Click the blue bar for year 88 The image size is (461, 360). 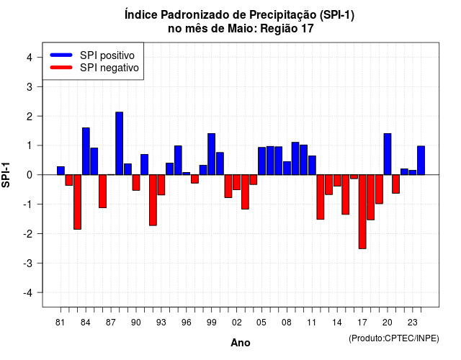(120, 143)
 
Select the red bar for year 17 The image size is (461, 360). (362, 212)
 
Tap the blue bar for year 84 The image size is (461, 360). (86, 151)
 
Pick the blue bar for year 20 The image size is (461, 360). (388, 154)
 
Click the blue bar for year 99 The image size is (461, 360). (211, 154)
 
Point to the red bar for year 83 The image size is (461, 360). (77, 202)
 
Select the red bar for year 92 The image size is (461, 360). (153, 200)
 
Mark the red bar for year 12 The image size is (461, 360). (321, 197)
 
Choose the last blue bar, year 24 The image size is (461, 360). (421, 161)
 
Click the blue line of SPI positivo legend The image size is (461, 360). (61, 55)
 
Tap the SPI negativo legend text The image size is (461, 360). (109, 68)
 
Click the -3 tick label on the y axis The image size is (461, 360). (27, 264)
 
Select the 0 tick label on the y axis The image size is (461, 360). (30, 175)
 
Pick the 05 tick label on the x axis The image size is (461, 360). (261, 323)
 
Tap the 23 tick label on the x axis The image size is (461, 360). (413, 323)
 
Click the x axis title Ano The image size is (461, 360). (241, 343)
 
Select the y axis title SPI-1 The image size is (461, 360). (6, 175)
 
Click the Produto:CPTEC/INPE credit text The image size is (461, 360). (394, 338)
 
